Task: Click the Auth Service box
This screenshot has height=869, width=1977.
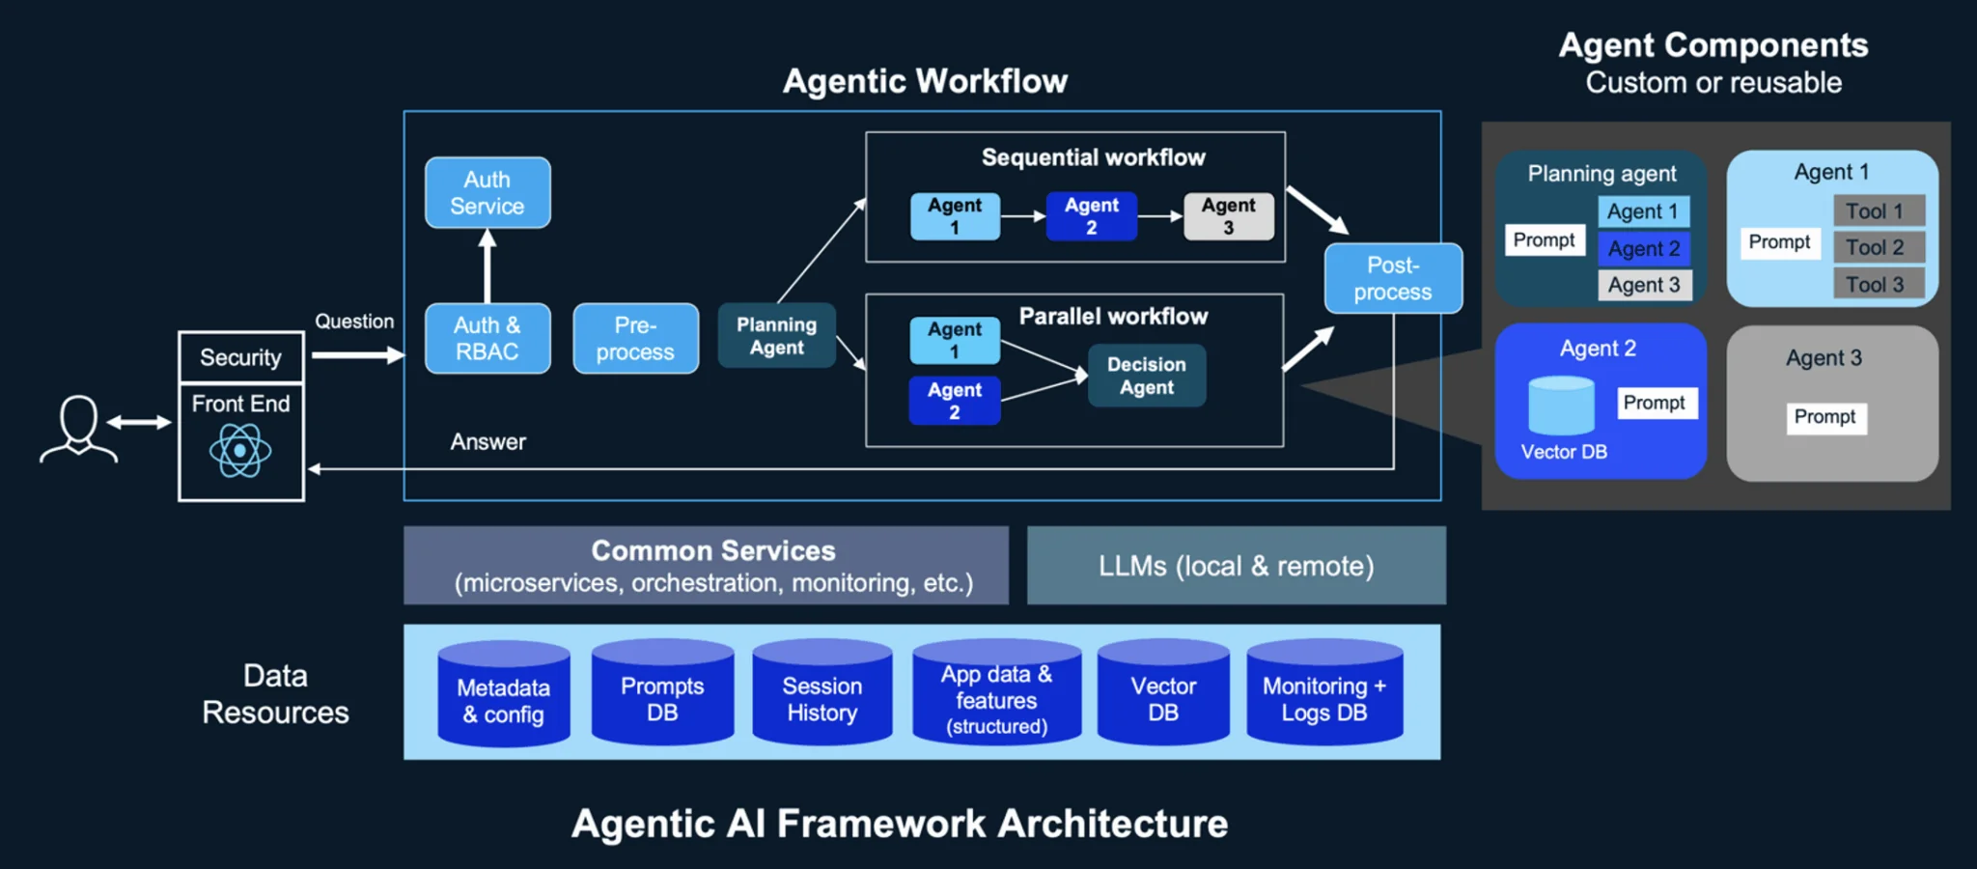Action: [x=487, y=193]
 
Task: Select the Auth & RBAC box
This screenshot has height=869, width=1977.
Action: [x=487, y=339]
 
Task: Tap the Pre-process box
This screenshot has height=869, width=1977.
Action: [x=635, y=339]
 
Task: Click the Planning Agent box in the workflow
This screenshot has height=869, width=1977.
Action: [x=776, y=336]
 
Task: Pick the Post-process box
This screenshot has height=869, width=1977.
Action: [x=1392, y=278]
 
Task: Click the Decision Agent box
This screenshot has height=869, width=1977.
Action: [x=1146, y=376]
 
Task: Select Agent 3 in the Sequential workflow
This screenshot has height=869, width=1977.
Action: [x=1228, y=216]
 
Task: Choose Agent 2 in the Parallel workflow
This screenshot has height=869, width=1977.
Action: [x=954, y=401]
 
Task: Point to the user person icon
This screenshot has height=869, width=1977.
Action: [x=78, y=430]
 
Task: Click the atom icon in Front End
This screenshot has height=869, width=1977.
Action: [x=240, y=450]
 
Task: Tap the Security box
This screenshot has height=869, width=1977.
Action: [x=240, y=357]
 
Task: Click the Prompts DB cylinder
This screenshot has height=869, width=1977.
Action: [x=662, y=695]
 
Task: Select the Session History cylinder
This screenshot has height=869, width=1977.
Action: [x=821, y=695]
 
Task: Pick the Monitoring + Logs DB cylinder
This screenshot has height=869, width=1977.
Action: [x=1323, y=695]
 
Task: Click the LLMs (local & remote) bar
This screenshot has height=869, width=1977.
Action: [x=1236, y=566]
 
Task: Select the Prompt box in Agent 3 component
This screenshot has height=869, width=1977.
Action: [x=1824, y=417]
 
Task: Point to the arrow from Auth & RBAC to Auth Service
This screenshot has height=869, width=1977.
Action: [x=487, y=266]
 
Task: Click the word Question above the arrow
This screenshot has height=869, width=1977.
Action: [x=354, y=322]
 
